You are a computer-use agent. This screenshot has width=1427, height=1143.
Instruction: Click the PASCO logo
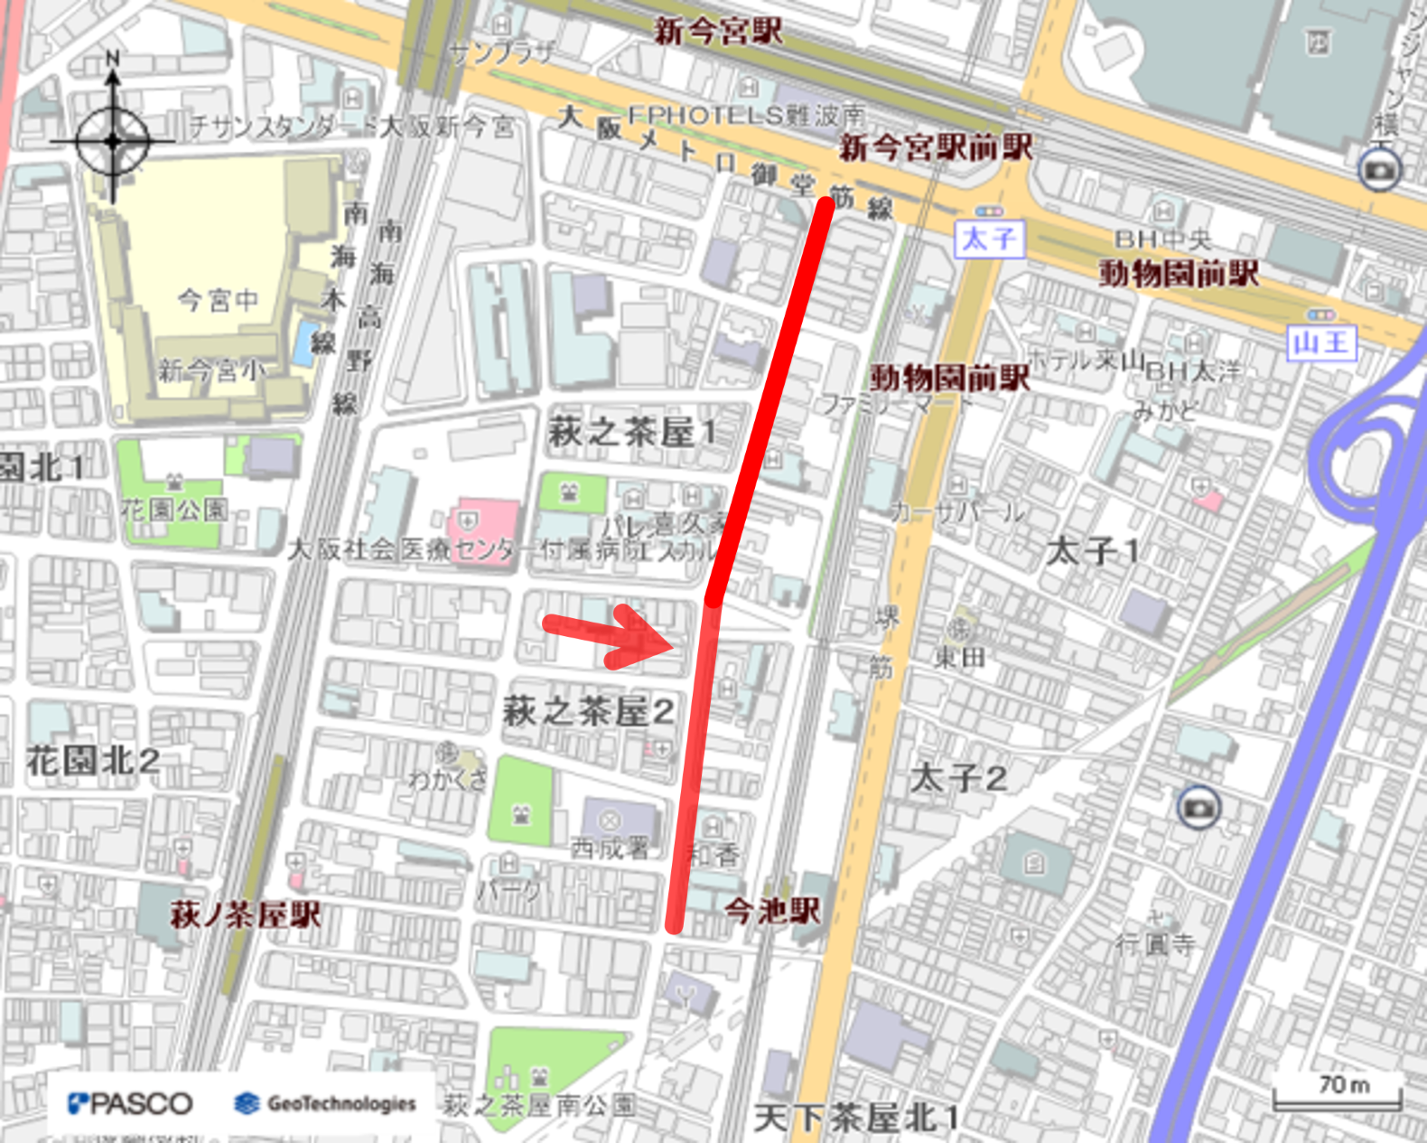130,1103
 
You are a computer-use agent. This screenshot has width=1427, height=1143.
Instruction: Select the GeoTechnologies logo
326,1103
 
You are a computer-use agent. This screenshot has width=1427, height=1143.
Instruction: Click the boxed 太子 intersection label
990,239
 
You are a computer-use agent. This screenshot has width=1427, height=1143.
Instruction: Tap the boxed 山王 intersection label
1321,342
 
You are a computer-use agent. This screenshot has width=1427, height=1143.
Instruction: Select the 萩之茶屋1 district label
631,432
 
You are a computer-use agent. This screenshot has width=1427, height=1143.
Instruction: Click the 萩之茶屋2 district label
588,711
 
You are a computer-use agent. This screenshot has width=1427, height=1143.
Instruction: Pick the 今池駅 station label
772,910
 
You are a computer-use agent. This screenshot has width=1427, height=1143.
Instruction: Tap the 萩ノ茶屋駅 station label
246,914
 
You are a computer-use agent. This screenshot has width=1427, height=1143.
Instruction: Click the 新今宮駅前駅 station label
936,147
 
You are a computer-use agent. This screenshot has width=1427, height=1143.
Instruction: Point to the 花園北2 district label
93,761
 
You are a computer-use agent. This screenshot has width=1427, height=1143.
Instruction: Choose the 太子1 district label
1093,550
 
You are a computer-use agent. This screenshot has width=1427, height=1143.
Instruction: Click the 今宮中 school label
218,300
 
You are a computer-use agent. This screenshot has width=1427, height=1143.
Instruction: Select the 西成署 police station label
610,848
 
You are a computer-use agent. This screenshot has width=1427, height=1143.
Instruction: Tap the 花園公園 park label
174,510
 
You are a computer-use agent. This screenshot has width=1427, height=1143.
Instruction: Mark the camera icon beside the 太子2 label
1198,807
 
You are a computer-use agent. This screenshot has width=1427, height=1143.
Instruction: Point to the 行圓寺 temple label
1155,944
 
